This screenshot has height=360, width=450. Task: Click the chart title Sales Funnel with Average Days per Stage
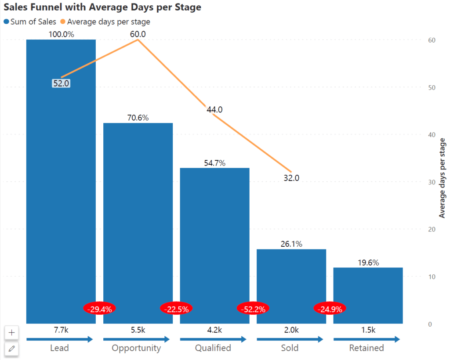pos(102,8)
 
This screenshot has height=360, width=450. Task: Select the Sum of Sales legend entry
pos(30,22)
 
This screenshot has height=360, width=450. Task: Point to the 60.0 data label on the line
pos(138,34)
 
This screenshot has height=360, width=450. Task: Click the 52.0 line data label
pos(61,83)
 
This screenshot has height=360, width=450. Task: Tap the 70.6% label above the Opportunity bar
pos(138,118)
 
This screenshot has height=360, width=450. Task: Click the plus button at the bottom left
pos(11,333)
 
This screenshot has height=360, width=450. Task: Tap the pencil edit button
pos(11,349)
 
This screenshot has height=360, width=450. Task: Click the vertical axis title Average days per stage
pos(442,178)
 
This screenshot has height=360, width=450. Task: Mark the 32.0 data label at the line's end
pos(291,178)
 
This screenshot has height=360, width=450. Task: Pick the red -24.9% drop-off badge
pos(330,309)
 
